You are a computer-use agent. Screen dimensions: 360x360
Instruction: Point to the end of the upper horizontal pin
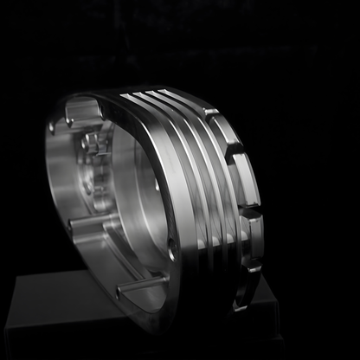72,223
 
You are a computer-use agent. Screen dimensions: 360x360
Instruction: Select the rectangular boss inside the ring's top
82,110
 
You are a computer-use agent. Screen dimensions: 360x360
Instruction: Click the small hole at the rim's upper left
52,128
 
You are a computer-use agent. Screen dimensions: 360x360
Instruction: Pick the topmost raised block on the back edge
207,112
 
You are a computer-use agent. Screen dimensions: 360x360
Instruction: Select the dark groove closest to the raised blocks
227,199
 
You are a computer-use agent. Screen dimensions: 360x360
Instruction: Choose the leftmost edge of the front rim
48,173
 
